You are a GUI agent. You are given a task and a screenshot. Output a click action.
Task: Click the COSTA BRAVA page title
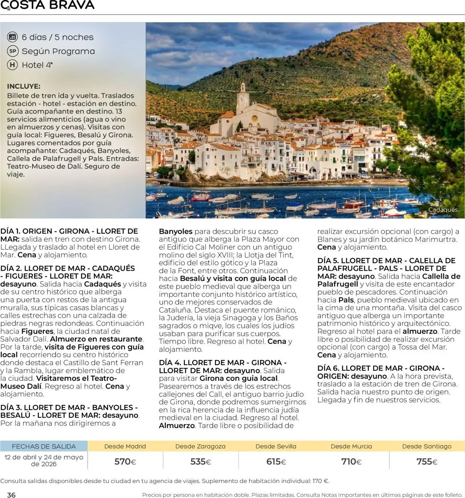tap(48, 5)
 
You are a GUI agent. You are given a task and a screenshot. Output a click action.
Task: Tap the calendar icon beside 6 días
tap(13, 37)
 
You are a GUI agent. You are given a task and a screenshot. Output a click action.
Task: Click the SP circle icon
tap(13, 51)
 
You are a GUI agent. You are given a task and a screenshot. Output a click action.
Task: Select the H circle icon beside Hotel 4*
tap(13, 65)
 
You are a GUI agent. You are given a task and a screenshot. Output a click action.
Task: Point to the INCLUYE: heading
tap(24, 86)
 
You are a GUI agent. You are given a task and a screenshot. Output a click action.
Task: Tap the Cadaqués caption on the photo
tap(443, 210)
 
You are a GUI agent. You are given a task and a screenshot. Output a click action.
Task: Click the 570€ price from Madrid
tap(125, 462)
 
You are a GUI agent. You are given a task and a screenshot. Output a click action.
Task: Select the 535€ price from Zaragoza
tap(201, 462)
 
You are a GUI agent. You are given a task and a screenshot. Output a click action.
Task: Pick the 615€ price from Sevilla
tap(276, 462)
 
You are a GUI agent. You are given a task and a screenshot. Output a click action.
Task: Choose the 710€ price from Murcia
tap(351, 462)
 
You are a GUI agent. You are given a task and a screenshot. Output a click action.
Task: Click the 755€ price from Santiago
tap(427, 462)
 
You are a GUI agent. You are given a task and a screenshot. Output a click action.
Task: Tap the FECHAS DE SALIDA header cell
tap(44, 446)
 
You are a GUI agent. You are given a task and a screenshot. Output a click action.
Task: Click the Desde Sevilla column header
tap(276, 446)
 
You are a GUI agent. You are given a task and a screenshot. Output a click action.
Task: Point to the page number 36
tap(11, 495)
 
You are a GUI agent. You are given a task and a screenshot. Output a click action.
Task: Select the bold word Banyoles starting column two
tap(175, 231)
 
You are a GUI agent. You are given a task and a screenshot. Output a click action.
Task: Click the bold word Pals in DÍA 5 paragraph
tap(346, 300)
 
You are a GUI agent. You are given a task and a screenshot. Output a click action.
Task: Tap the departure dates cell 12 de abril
tap(44, 460)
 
